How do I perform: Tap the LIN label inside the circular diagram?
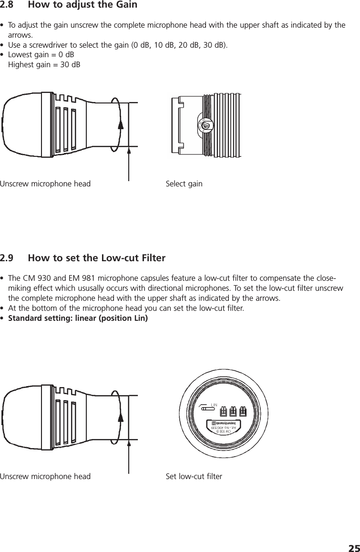pyautogui.click(x=214, y=405)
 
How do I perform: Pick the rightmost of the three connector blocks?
pyautogui.click(x=243, y=411)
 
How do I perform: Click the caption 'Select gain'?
pyautogui.click(x=184, y=184)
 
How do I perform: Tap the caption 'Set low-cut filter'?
pyautogui.click(x=194, y=476)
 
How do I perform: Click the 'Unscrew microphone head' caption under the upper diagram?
pyautogui.click(x=45, y=184)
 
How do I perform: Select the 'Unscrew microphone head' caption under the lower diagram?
pyautogui.click(x=45, y=476)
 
